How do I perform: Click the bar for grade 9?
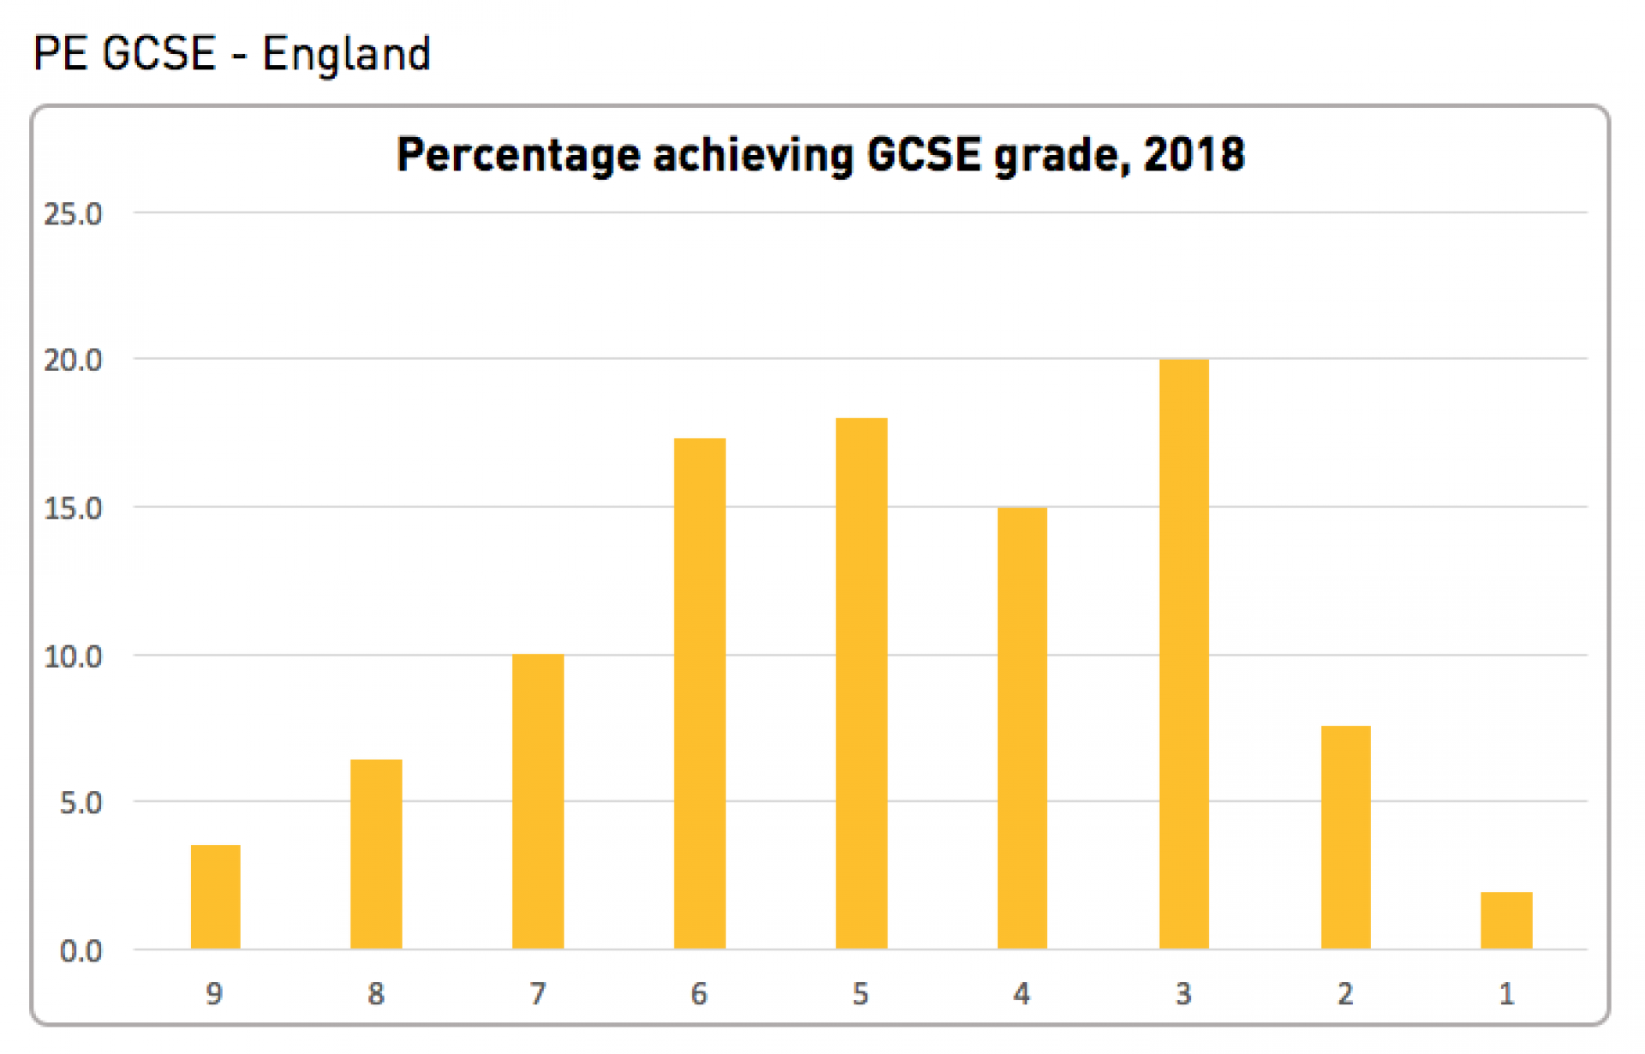coord(215,896)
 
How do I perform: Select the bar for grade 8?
coord(376,853)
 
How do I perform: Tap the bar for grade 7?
coord(538,801)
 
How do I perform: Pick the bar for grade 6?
coord(699,693)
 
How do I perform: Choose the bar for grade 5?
coord(861,683)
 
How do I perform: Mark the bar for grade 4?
coord(1022,728)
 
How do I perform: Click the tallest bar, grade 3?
coord(1183,654)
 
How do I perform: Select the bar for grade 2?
coord(1345,837)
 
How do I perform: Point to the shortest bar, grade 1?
coord(1506,920)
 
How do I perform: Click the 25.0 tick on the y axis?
coord(73,214)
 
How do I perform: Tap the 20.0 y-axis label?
coord(73,361)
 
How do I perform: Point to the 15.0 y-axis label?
coord(73,508)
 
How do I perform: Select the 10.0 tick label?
coord(73,656)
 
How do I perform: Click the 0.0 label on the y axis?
coord(81,951)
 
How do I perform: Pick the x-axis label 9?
coord(214,994)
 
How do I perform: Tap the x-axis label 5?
coord(860,994)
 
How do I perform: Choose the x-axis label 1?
coord(1506,994)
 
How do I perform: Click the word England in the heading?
coord(346,55)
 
